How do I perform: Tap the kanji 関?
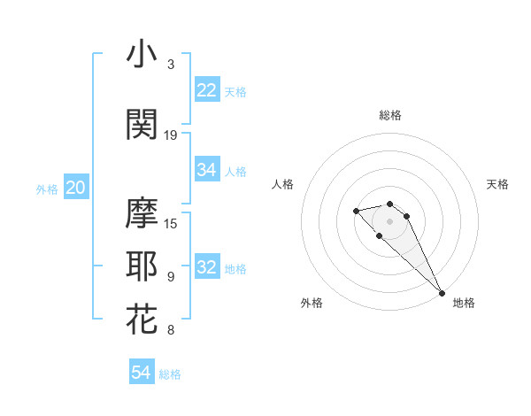[142, 123]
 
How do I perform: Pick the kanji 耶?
[142, 266]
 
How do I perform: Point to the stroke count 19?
[171, 135]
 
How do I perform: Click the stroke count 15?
[171, 223]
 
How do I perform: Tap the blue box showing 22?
[207, 90]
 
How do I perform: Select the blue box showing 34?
[207, 170]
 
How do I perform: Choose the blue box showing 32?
[207, 267]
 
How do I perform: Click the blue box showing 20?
[76, 188]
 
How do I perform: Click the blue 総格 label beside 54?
[170, 374]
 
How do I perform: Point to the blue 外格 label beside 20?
[47, 189]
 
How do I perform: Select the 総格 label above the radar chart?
[390, 115]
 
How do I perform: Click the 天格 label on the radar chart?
[497, 184]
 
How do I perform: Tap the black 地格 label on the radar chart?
[464, 303]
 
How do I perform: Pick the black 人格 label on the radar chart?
[283, 184]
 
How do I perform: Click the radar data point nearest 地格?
[442, 293]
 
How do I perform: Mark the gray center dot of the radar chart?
[390, 220]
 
